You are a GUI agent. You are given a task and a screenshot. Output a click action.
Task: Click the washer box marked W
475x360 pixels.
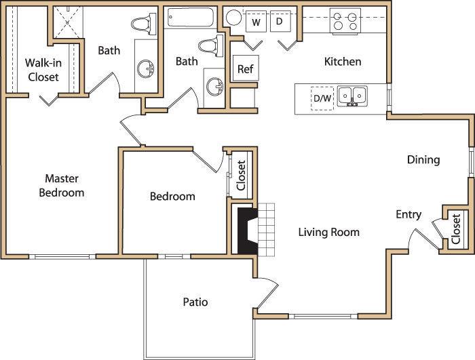coord(256,22)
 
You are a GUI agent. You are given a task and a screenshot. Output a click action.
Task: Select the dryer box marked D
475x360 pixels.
coord(278,22)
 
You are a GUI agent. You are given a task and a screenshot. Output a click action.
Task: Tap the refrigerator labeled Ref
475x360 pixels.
coord(244,68)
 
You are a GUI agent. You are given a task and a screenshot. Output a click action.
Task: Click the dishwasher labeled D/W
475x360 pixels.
coord(322,98)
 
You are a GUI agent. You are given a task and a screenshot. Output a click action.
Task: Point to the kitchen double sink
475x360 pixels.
coord(352,96)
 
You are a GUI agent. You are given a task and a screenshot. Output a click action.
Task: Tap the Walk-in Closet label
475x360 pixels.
coord(43,70)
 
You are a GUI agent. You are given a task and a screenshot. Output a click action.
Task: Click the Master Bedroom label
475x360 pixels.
coord(61,185)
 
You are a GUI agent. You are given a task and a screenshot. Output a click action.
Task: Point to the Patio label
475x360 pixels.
coord(195,302)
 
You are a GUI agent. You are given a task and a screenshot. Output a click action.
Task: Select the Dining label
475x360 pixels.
coord(423,160)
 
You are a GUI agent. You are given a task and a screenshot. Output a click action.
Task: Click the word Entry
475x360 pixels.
coord(408,214)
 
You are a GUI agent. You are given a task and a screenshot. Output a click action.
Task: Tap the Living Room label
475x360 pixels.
coord(328,232)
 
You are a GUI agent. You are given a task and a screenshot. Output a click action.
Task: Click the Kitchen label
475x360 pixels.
coord(343,62)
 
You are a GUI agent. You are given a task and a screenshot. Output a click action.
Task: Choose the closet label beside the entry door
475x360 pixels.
coord(455,229)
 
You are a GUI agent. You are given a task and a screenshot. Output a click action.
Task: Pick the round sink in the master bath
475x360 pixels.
coord(145,68)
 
